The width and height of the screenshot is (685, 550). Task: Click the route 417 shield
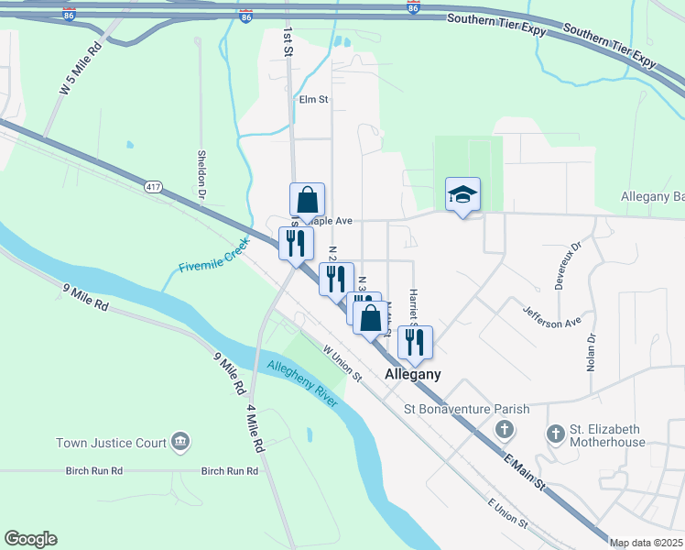point(153,187)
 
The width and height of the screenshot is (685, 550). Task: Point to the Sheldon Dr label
point(201,175)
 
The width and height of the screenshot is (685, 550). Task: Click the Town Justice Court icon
point(180,443)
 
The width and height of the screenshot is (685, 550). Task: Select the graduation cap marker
point(462,194)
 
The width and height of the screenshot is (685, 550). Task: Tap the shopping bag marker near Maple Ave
point(308,199)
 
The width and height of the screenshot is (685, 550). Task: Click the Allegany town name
point(413,374)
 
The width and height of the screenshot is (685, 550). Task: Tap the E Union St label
point(508,514)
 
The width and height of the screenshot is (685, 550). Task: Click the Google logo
point(30,539)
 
